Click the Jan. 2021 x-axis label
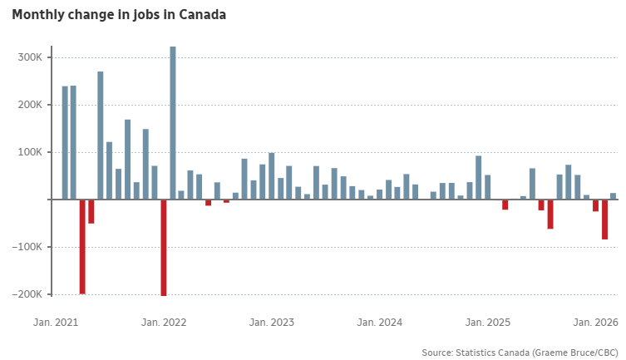[x=56, y=322]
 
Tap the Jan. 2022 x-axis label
[x=164, y=322]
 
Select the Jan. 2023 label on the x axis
[x=272, y=322]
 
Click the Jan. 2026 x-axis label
[x=595, y=322]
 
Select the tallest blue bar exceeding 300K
[x=173, y=123]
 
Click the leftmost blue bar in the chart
[x=65, y=143]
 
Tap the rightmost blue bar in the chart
[x=614, y=196]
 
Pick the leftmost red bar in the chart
[x=83, y=246]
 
